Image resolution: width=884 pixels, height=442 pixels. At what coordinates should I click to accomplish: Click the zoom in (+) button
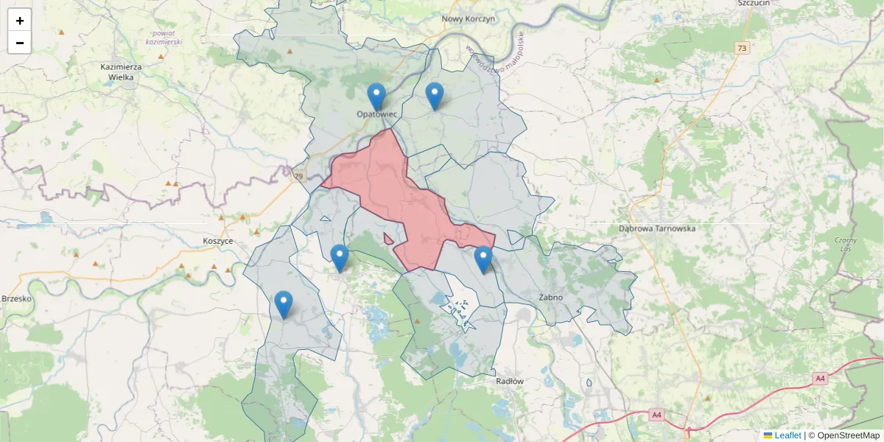click(19, 21)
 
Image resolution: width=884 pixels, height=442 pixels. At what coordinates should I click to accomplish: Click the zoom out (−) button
click(19, 43)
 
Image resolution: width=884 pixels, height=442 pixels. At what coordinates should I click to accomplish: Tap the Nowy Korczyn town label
click(468, 18)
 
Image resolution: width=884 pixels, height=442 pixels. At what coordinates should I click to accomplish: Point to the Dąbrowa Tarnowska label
click(657, 228)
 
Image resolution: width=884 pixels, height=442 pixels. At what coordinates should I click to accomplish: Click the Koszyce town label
click(217, 241)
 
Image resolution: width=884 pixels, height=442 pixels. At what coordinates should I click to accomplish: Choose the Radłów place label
click(510, 381)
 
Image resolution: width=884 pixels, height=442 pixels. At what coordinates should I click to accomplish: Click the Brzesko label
click(15, 298)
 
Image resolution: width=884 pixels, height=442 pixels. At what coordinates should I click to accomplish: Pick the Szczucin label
click(753, 3)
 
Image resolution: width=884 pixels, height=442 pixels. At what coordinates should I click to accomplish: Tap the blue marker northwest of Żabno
click(483, 260)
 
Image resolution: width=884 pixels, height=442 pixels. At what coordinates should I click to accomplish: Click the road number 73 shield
click(741, 48)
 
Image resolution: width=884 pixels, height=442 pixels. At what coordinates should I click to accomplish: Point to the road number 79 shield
click(298, 177)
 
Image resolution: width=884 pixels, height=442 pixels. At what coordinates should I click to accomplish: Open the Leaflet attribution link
click(787, 435)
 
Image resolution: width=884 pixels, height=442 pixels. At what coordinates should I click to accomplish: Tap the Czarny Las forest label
click(846, 245)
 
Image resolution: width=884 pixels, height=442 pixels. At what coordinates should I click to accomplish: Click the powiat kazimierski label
click(164, 38)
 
